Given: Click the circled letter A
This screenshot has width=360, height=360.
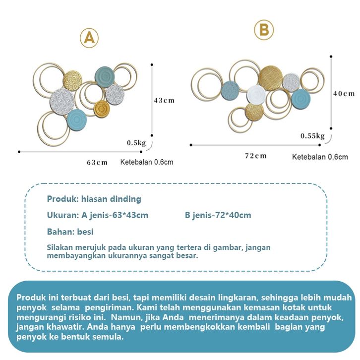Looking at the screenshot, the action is pyautogui.click(x=89, y=38).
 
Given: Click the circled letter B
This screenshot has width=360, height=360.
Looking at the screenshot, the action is pyautogui.click(x=264, y=30).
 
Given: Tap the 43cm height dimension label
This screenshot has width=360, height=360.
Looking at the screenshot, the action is pyautogui.click(x=164, y=100).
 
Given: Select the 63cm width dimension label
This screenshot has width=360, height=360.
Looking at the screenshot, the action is pyautogui.click(x=97, y=162).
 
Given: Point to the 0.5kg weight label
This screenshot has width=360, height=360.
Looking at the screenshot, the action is pyautogui.click(x=136, y=143).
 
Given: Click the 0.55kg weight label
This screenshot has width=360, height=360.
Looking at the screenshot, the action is pyautogui.click(x=313, y=136).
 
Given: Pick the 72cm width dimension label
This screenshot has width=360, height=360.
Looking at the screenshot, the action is pyautogui.click(x=256, y=156).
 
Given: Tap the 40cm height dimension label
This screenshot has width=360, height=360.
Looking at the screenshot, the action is pyautogui.click(x=344, y=93).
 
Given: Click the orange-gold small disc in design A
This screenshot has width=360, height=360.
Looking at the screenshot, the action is pyautogui.click(x=102, y=109).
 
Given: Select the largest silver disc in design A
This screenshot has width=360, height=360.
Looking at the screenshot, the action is pyautogui.click(x=62, y=101).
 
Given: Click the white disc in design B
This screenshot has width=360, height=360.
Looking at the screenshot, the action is pyautogui.click(x=256, y=95).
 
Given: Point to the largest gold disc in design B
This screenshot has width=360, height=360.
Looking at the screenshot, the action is pyautogui.click(x=270, y=77).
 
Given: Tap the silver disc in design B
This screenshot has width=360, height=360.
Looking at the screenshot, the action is pyautogui.click(x=291, y=82).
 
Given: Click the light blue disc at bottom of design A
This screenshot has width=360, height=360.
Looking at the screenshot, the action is pyautogui.click(x=77, y=120).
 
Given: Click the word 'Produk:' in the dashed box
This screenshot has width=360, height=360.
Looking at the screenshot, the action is pyautogui.click(x=63, y=199).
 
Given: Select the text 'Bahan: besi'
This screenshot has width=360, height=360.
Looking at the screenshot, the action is pyautogui.click(x=70, y=232).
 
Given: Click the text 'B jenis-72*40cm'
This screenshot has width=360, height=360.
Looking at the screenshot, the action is pyautogui.click(x=218, y=215).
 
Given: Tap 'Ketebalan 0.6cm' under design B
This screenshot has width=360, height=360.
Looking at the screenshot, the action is pyautogui.click(x=320, y=157).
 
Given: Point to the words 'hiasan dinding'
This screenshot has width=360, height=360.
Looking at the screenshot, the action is pyautogui.click(x=111, y=199).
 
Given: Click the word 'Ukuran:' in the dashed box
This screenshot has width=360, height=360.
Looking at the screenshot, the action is pyautogui.click(x=63, y=215).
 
